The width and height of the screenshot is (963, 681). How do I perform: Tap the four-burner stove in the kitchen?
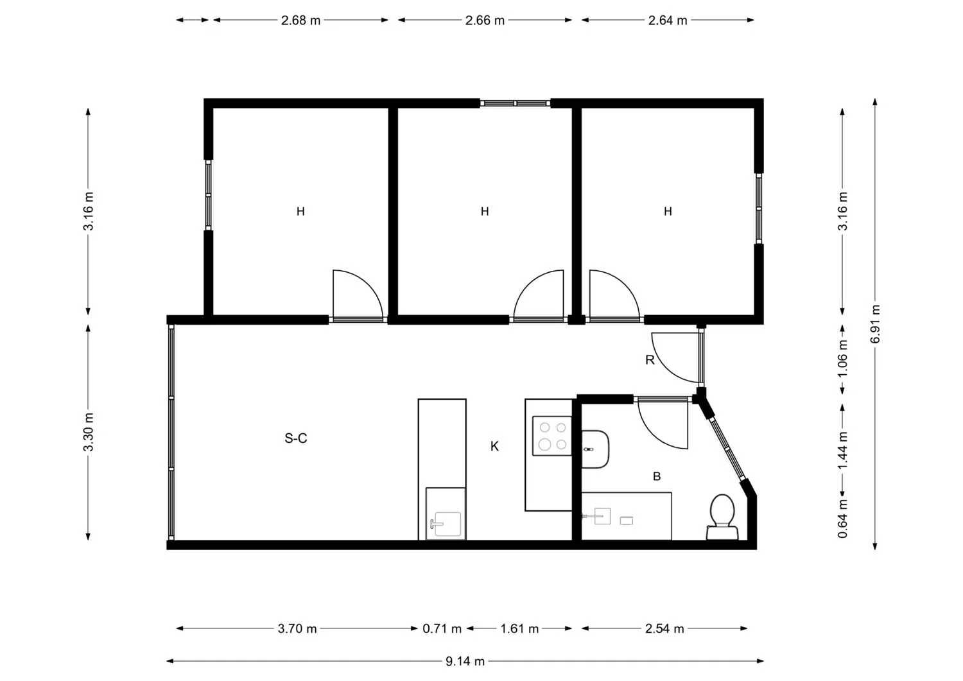point(552,436)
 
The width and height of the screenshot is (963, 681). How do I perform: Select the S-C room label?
point(296,438)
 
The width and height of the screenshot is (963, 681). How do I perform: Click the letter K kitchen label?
point(494,446)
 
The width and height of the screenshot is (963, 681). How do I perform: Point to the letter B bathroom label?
point(657,476)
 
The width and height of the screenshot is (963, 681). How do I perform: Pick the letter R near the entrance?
point(650,360)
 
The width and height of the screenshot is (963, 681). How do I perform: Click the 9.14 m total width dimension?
point(465,661)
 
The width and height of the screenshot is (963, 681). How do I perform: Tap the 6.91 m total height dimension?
point(875,323)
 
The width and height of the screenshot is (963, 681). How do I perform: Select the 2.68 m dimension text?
point(300,21)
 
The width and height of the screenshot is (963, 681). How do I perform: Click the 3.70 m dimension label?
point(297,628)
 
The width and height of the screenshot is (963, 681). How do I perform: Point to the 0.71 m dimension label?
point(442,628)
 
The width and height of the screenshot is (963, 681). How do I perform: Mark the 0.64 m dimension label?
point(843,519)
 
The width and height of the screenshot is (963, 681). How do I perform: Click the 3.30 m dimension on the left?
point(89,432)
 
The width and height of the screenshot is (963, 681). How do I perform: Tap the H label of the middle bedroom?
point(485,211)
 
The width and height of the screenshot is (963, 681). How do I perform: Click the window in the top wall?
point(515,103)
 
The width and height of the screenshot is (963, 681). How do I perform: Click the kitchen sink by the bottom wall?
point(445,522)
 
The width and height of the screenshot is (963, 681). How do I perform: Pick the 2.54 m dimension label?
point(664,628)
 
